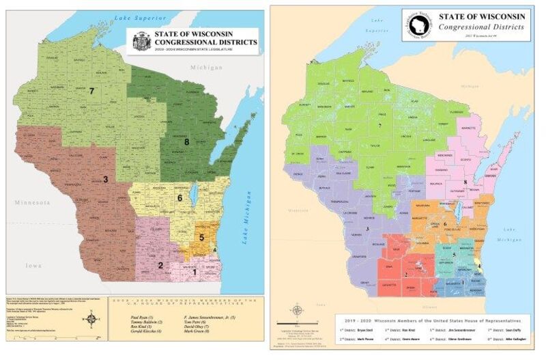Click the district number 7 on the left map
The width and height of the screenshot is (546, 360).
click(x=91, y=90)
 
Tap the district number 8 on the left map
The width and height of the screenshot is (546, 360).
click(x=186, y=141)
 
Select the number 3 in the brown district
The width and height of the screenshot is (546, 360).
click(x=105, y=180)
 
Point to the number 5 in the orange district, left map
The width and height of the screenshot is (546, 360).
click(x=202, y=237)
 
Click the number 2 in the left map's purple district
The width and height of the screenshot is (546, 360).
click(x=160, y=265)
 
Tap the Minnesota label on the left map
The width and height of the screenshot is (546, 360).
click(x=29, y=203)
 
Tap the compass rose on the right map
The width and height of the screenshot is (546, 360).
click(x=298, y=311)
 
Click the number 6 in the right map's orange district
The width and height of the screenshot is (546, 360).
click(x=445, y=223)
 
